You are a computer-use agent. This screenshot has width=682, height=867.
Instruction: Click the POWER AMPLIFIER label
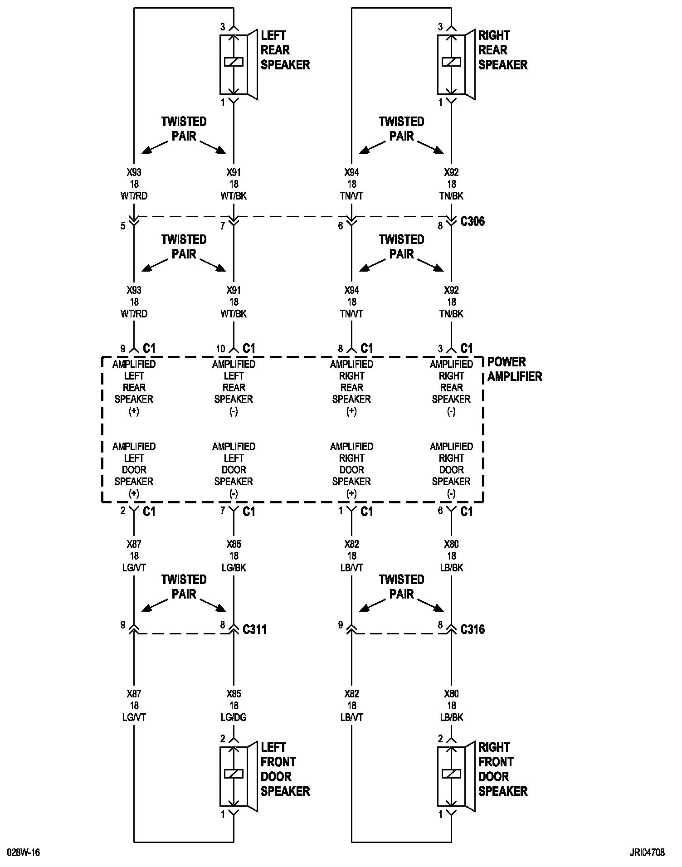pos(514,369)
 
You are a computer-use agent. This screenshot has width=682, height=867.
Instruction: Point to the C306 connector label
pos(472,221)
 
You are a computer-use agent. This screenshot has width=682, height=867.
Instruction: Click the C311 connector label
pos(254,629)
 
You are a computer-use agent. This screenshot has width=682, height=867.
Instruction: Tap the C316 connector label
pos(472,629)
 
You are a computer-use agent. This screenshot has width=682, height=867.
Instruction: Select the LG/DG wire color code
pos(234,717)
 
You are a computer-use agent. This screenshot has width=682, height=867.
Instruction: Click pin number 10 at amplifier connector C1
pos(220,349)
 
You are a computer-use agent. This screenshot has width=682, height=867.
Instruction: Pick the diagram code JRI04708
pos(647,853)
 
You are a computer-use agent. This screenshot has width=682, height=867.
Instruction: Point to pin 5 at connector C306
pos(123,225)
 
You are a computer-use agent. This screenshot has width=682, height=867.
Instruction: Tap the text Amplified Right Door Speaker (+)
pos(351,470)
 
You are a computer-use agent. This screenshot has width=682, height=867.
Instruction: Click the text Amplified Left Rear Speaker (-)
pos(234,387)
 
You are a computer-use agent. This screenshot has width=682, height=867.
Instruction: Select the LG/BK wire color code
pos(234,568)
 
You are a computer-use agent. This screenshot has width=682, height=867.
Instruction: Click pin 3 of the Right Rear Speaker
pos(440,27)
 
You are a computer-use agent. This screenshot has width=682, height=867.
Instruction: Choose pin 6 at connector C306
pos(341,225)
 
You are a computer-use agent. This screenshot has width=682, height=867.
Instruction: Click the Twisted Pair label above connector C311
pos(184,586)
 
